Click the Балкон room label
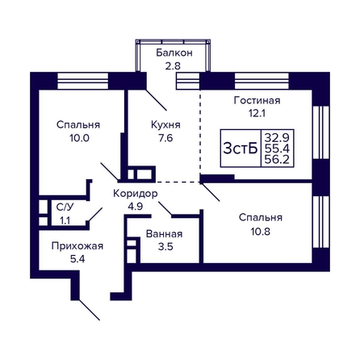(174, 52)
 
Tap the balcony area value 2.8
(173, 66)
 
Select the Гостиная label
(257, 100)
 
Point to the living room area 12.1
(257, 113)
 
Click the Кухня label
(165, 125)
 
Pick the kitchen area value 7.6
(165, 138)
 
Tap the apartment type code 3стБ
(241, 149)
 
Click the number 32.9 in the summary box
(277, 138)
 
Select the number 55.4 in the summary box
(277, 149)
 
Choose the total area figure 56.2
(277, 160)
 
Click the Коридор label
(136, 194)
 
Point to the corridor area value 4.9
(135, 207)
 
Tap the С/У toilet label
(65, 207)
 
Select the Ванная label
(164, 234)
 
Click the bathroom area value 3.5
(165, 246)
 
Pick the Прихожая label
(77, 246)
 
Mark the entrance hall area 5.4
(77, 259)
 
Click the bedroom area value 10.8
(261, 231)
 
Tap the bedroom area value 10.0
(79, 138)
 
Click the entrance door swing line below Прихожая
(90, 310)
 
